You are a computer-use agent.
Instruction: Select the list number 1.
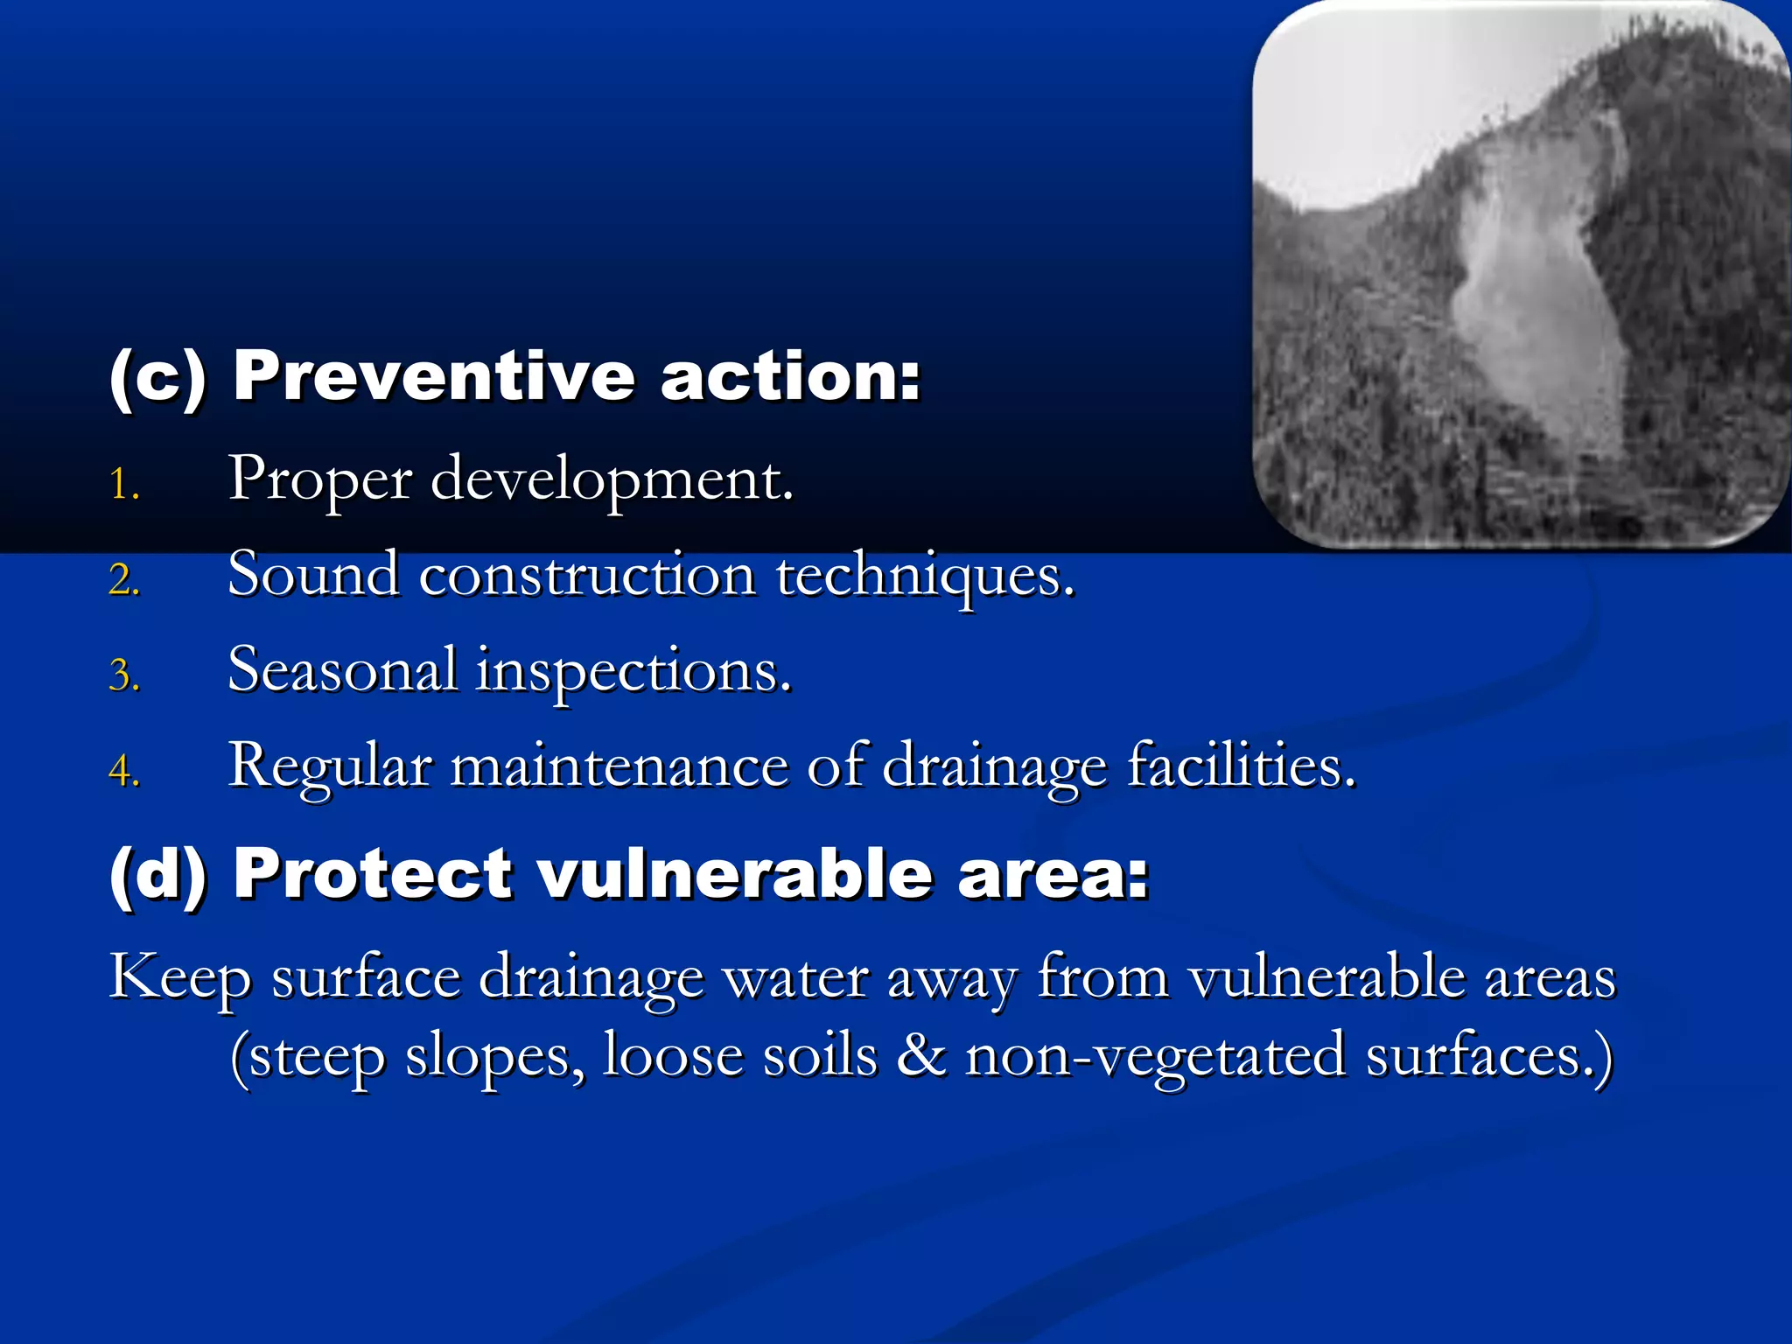123,484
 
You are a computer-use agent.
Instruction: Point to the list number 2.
123,580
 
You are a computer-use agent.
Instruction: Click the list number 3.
123,676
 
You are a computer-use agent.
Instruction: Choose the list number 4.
123,772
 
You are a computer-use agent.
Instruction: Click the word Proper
320,481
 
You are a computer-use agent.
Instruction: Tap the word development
612,481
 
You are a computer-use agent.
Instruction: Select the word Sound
313,577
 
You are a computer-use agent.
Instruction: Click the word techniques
925,577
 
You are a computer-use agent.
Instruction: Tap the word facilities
1241,767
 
